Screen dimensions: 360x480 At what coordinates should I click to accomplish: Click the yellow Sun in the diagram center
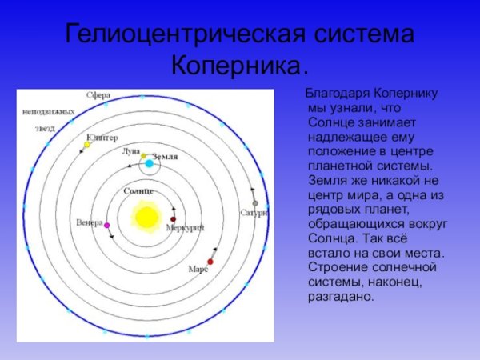pyautogui.click(x=146, y=216)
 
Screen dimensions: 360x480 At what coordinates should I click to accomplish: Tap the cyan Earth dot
pyautogui.click(x=149, y=164)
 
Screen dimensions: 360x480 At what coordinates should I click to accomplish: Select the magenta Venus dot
pyautogui.click(x=106, y=226)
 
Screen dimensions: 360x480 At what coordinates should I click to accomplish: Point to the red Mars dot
pyautogui.click(x=210, y=262)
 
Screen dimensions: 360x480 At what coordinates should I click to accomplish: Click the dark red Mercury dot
pyautogui.click(x=173, y=218)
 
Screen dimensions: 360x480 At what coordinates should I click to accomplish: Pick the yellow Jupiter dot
pyautogui.click(x=87, y=145)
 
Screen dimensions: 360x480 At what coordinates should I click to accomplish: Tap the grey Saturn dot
pyautogui.click(x=255, y=203)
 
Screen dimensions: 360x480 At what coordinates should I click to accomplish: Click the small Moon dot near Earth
pyautogui.click(x=144, y=156)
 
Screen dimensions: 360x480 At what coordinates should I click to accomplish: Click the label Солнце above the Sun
pyautogui.click(x=138, y=191)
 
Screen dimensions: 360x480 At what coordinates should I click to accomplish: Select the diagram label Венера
pyautogui.click(x=89, y=222)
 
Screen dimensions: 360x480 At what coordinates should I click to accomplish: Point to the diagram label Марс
pyautogui.click(x=198, y=270)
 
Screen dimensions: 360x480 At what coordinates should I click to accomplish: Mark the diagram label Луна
pyautogui.click(x=130, y=150)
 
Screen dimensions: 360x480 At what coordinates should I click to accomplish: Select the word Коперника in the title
pyautogui.click(x=239, y=63)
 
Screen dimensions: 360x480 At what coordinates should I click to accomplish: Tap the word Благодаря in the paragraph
pyautogui.click(x=334, y=94)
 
